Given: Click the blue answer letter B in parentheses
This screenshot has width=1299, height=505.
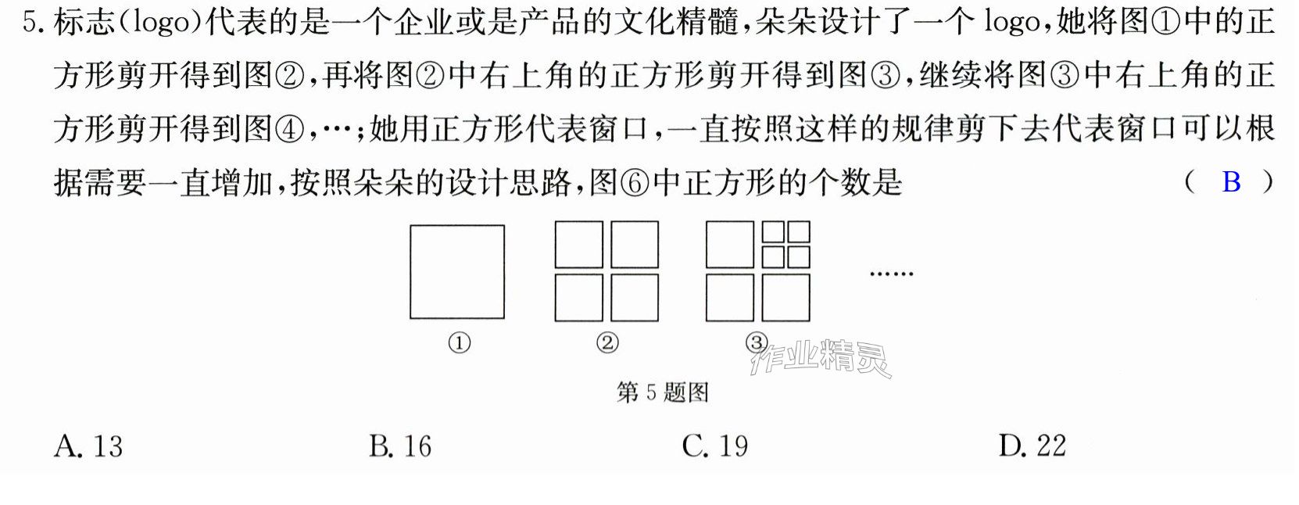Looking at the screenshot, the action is [x=1231, y=182].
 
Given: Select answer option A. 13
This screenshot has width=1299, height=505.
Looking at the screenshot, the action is [x=88, y=446].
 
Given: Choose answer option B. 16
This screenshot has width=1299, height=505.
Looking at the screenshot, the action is [x=400, y=446].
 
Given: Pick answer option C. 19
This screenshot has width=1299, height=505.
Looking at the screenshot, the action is [x=715, y=446].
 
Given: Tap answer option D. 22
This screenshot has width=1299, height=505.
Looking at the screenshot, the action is [x=1032, y=446].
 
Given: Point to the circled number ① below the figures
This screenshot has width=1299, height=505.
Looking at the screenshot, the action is [x=460, y=343].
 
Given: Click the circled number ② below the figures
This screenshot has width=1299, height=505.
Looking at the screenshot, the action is [x=607, y=343].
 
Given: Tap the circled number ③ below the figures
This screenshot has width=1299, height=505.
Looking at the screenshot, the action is [x=757, y=342].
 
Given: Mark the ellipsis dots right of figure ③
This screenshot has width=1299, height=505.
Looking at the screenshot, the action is [x=892, y=273].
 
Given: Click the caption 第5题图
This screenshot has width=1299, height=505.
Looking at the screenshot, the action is [x=662, y=392].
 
